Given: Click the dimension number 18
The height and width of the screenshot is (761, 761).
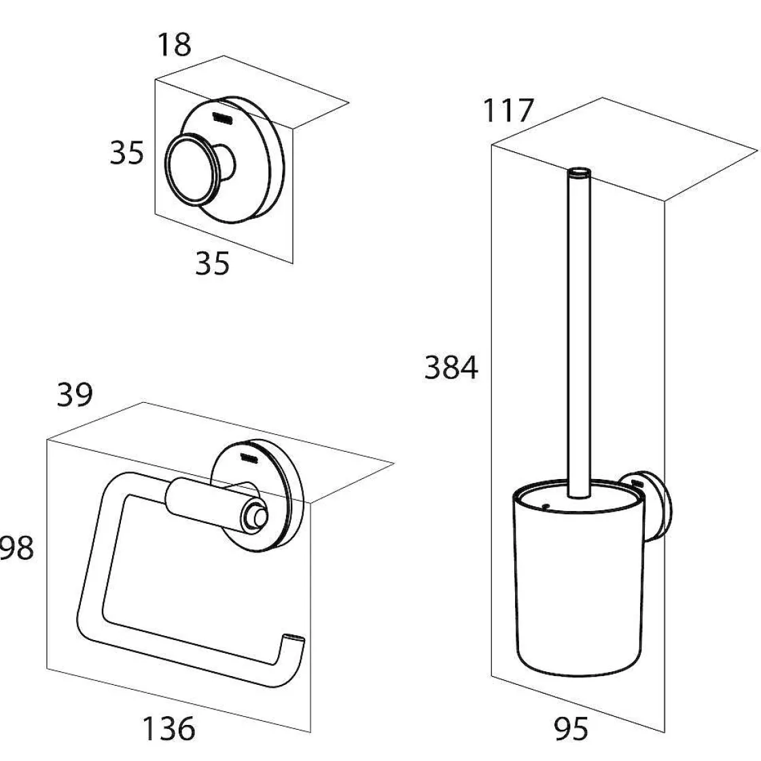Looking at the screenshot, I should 174,46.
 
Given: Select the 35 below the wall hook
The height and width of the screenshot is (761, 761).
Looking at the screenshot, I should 212,263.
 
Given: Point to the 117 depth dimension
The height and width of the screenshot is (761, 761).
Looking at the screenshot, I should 509,111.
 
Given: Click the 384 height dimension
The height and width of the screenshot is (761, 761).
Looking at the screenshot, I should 451,368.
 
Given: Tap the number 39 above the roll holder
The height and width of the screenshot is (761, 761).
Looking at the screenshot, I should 75,395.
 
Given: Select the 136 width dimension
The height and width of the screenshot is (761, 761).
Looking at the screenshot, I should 167,728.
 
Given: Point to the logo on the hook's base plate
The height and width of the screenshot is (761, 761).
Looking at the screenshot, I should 222,118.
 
